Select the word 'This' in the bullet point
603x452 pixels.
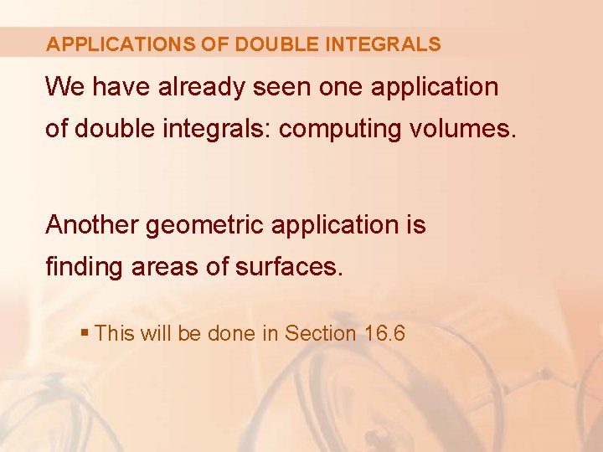point(115,333)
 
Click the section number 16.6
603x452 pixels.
point(385,333)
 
